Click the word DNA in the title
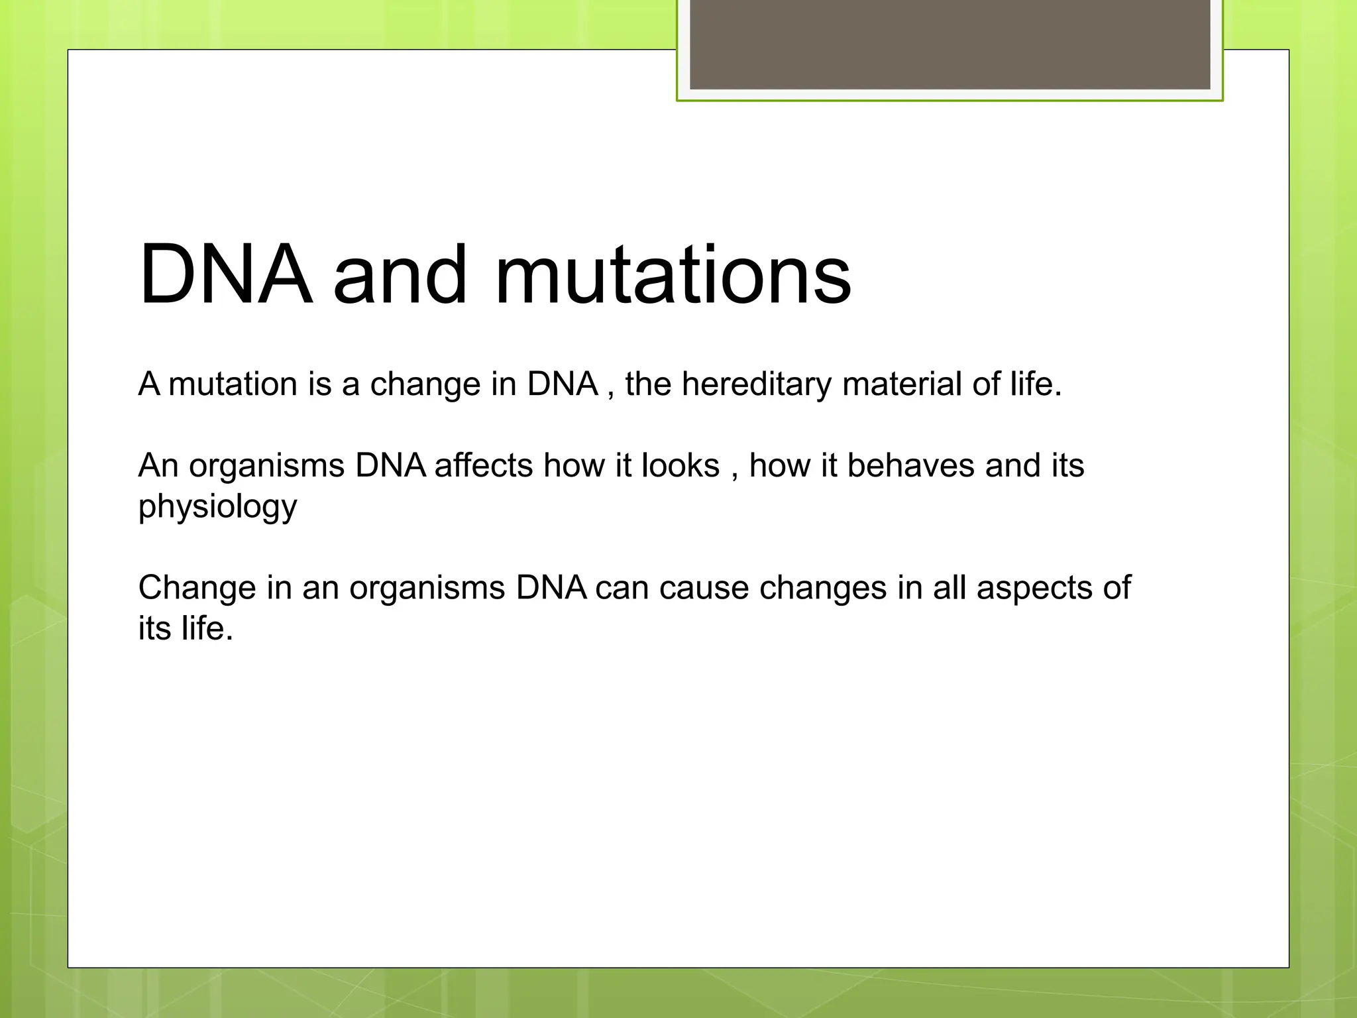[x=225, y=274]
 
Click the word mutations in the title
[x=673, y=274]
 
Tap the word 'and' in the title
[x=400, y=274]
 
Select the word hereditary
[x=756, y=384]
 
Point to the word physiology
[x=217, y=508]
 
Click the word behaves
[x=910, y=466]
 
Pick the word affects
[x=484, y=466]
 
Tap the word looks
[x=680, y=466]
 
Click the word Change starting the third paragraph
[x=197, y=589]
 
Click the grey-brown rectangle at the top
[x=950, y=44]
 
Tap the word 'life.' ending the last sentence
[x=207, y=628]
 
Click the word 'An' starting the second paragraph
[x=158, y=466]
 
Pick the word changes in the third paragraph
[x=822, y=589]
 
